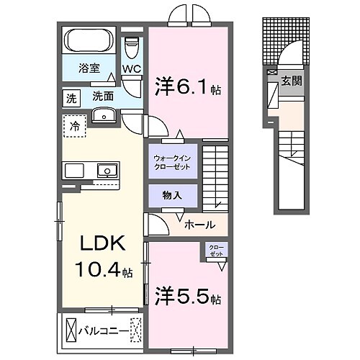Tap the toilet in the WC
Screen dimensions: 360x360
(131, 47)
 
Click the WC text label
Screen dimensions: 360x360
(132, 69)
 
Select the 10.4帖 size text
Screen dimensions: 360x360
(102, 272)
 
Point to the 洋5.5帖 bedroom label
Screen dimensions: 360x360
(188, 296)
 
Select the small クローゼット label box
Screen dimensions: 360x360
(215, 251)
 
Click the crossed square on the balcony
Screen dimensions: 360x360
(71, 330)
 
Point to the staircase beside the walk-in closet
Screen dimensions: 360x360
(215, 176)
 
